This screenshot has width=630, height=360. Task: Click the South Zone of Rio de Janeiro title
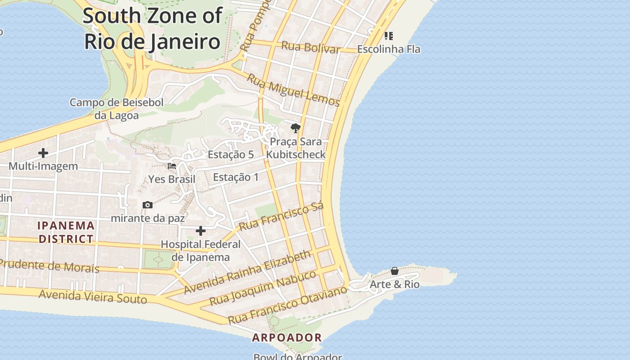tap(152, 28)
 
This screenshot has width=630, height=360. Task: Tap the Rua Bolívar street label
tap(310, 47)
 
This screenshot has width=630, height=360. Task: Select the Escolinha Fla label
tap(389, 49)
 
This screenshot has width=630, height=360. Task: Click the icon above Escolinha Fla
tap(389, 36)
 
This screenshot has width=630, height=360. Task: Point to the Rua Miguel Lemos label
tap(293, 90)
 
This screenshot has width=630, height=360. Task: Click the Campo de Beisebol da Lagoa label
tap(117, 108)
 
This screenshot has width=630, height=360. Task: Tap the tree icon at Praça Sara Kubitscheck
tap(295, 129)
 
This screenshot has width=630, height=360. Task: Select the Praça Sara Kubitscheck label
tap(296, 148)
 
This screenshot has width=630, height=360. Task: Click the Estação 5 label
tap(230, 154)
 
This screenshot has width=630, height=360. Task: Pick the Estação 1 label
tap(236, 177)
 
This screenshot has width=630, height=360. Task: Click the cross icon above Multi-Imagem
tap(43, 153)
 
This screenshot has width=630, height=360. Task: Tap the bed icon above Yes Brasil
tap(172, 166)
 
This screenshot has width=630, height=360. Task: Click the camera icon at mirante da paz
tap(148, 205)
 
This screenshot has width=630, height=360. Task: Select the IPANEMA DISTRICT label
tap(66, 232)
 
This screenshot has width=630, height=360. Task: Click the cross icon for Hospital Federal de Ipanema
tap(201, 231)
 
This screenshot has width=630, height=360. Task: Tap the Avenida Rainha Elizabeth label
tap(247, 272)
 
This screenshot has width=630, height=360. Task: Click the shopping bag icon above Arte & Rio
tap(395, 271)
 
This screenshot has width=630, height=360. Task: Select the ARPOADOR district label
tap(287, 337)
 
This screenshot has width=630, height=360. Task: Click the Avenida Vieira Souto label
tap(93, 297)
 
